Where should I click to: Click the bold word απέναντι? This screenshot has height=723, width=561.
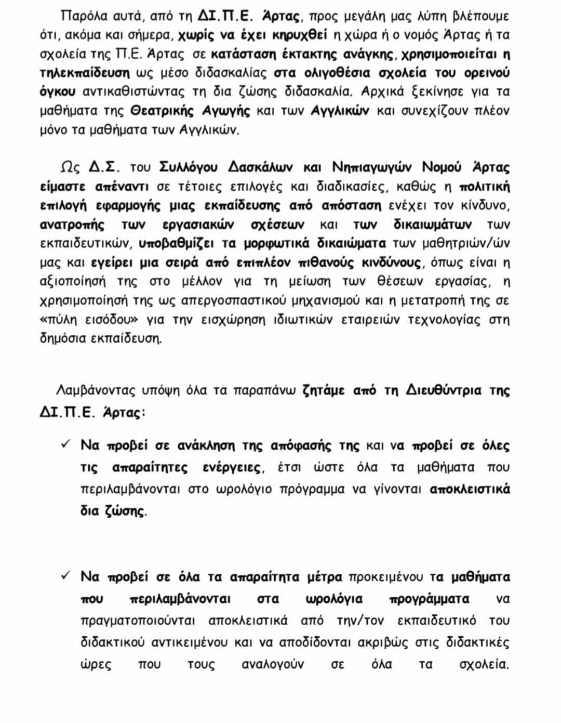(122, 187)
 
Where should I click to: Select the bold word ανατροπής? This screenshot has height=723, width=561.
(72, 225)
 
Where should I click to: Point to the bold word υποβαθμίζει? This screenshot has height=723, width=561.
(176, 243)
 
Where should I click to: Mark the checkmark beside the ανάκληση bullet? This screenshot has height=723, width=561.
(66, 444)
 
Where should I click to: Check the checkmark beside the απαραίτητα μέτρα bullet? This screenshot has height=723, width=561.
(66, 575)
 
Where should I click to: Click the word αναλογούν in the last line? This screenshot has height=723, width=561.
(272, 664)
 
